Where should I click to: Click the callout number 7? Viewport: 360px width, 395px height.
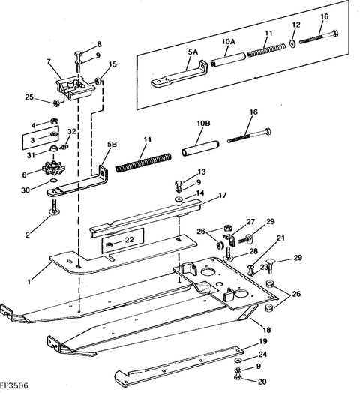(49, 61)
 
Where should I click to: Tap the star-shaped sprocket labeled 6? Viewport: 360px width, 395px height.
(54, 166)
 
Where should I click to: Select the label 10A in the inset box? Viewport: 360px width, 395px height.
(229, 41)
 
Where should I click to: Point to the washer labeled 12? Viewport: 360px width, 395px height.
(293, 43)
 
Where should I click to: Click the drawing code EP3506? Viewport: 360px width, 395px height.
(13, 385)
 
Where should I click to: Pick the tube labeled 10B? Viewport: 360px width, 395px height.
(200, 148)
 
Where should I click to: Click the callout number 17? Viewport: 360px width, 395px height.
(222, 195)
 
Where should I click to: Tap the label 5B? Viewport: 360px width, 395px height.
(112, 145)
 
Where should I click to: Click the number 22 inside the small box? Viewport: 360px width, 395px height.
(129, 240)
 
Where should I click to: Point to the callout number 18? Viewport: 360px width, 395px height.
(267, 330)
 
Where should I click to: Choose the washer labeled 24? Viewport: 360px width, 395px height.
(238, 360)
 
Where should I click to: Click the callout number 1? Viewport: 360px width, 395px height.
(29, 281)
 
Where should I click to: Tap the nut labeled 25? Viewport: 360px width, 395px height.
(57, 103)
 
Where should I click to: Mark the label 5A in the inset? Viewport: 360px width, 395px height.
(193, 52)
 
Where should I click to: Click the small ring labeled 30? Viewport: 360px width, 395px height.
(53, 181)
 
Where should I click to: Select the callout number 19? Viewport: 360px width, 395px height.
(263, 341)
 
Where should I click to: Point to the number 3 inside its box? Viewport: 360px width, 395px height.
(32, 140)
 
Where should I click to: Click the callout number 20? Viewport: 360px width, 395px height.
(262, 382)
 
